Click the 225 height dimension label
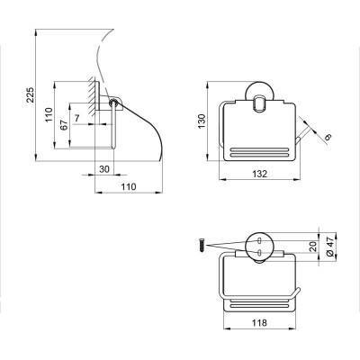click(31, 94)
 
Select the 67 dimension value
click(64, 123)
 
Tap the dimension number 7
click(77, 118)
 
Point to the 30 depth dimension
click(104, 169)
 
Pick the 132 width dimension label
click(259, 174)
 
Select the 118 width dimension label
click(259, 323)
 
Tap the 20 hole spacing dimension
click(312, 247)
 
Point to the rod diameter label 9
click(328, 137)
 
